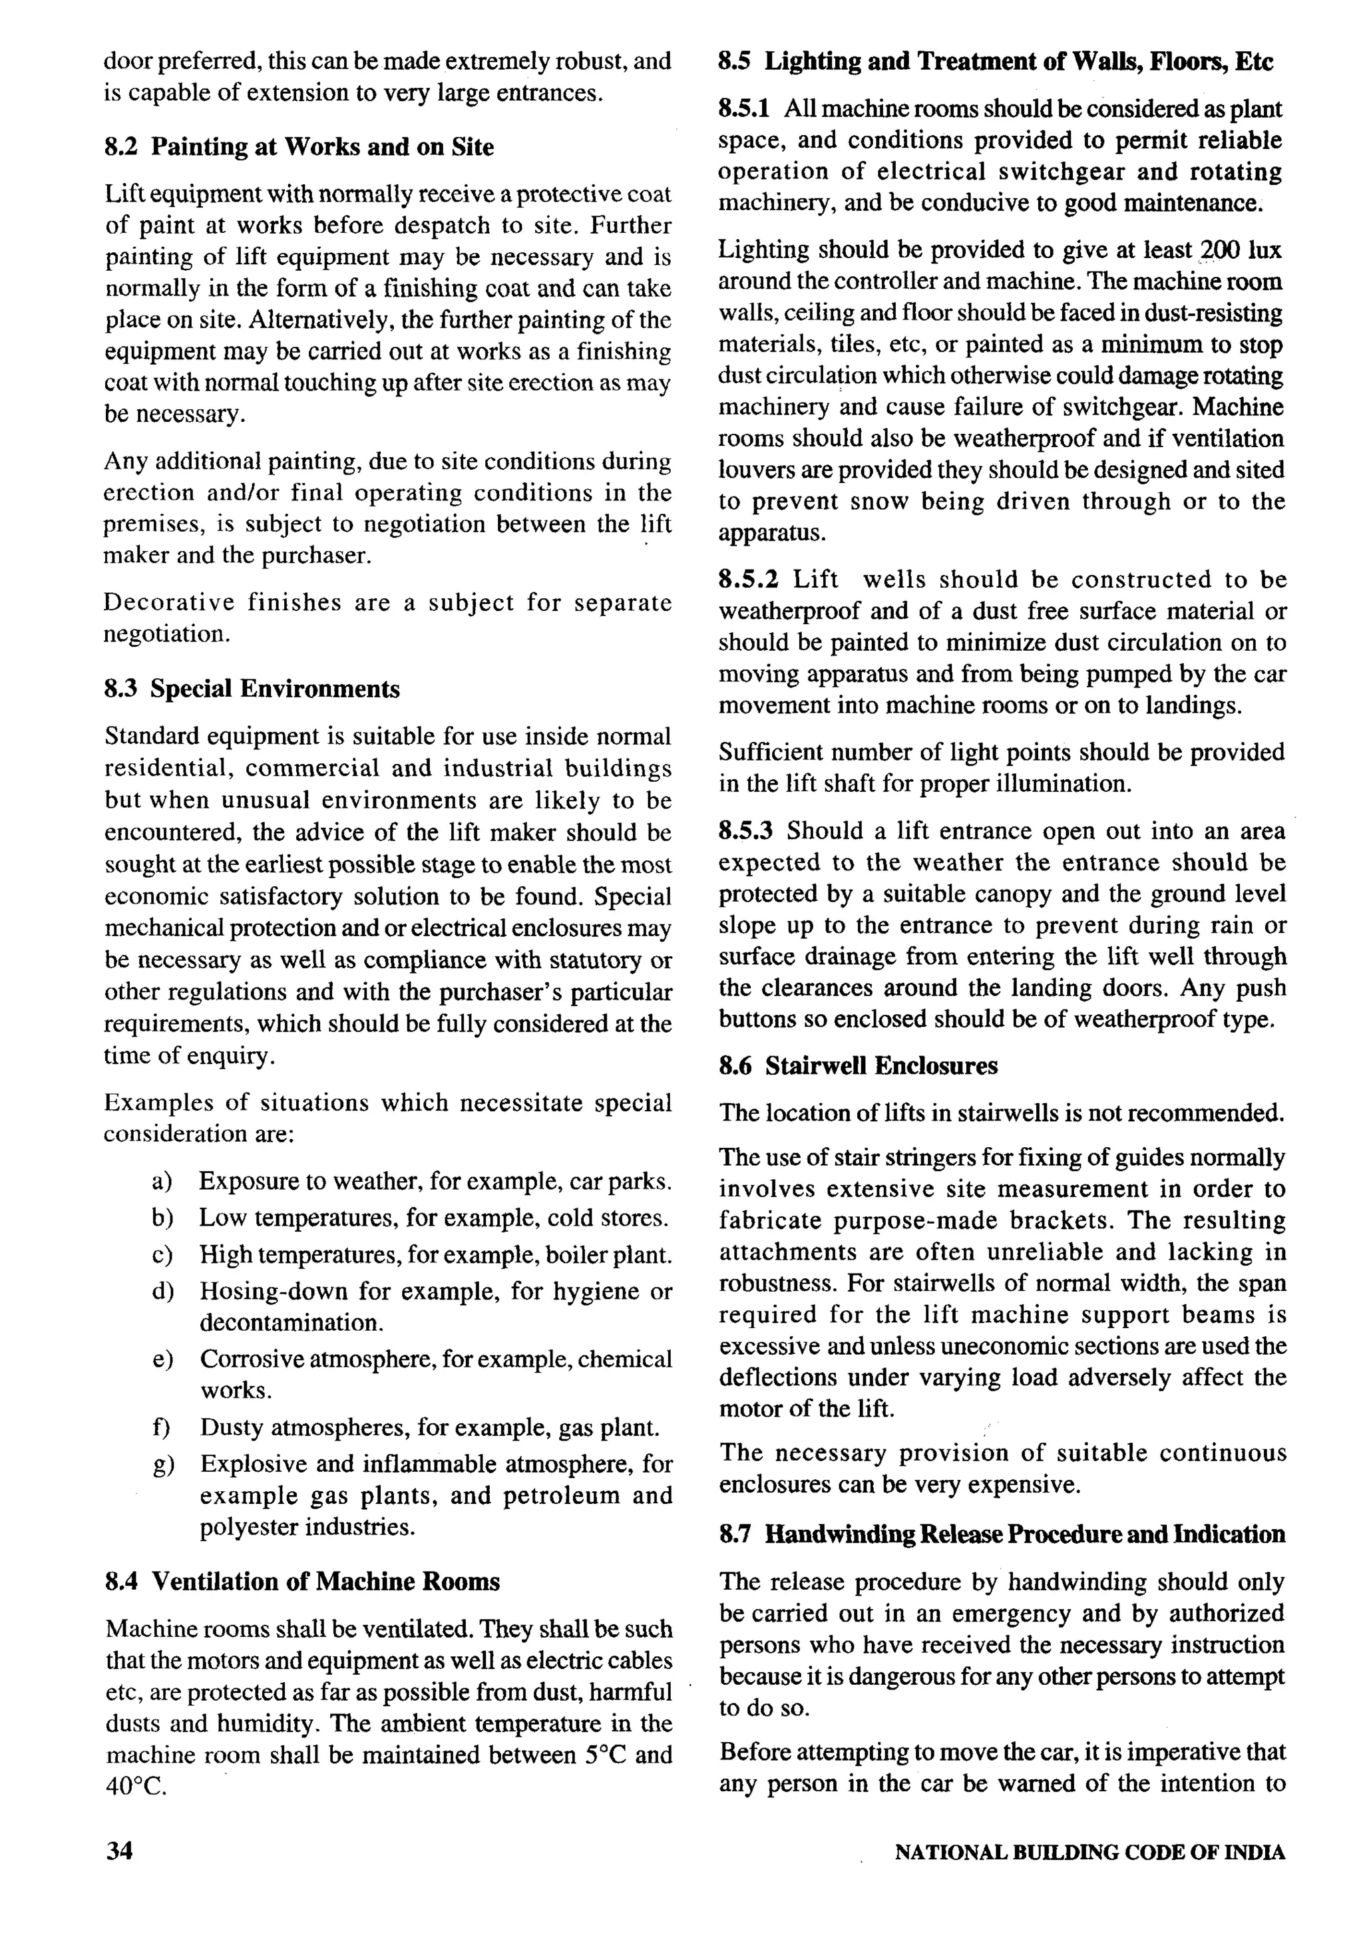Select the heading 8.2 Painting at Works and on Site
pyautogui.click(x=298, y=147)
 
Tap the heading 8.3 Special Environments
pyautogui.click(x=252, y=688)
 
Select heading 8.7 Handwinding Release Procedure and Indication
pyautogui.click(x=1002, y=1534)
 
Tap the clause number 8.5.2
pyautogui.click(x=748, y=580)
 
